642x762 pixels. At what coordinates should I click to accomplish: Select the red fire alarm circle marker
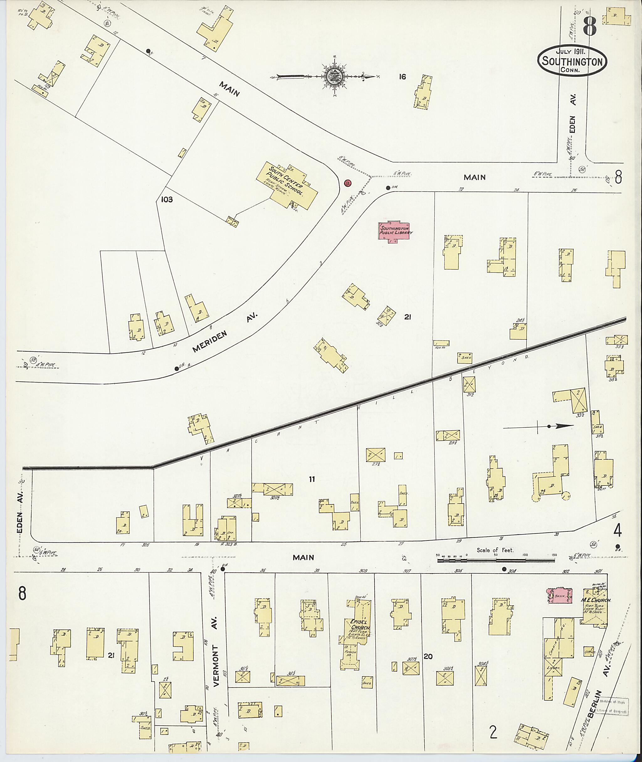coord(348,183)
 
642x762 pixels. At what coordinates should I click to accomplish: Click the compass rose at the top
coord(333,77)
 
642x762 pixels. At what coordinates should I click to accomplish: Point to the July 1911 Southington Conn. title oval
coord(572,61)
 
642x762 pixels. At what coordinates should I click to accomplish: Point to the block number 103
coord(167,200)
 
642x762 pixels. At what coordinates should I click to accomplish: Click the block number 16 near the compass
coord(402,77)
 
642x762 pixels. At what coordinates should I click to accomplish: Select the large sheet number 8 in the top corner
coord(589,26)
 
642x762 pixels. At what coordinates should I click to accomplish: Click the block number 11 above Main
coord(312,479)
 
